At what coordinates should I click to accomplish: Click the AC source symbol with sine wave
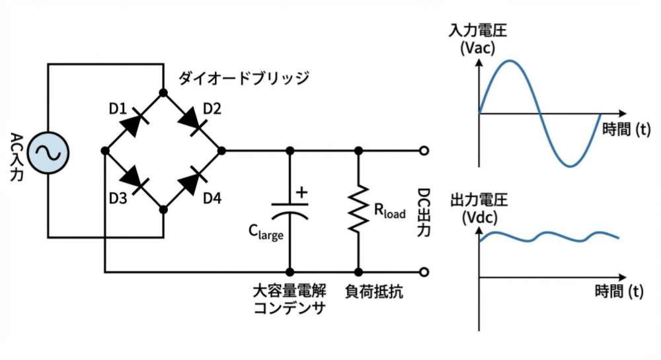(x=48, y=151)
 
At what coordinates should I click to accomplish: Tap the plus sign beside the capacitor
(x=301, y=192)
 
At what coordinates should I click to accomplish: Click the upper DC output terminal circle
(x=424, y=151)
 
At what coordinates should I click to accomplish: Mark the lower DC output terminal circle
(x=424, y=271)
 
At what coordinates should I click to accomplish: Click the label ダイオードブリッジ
(x=244, y=78)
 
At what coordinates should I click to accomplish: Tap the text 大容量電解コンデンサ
(x=290, y=299)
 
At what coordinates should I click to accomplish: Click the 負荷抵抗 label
(x=374, y=291)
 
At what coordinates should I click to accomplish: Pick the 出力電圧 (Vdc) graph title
(x=473, y=208)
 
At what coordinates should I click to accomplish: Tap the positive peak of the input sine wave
(x=510, y=61)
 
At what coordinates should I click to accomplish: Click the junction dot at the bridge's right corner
(x=221, y=151)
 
